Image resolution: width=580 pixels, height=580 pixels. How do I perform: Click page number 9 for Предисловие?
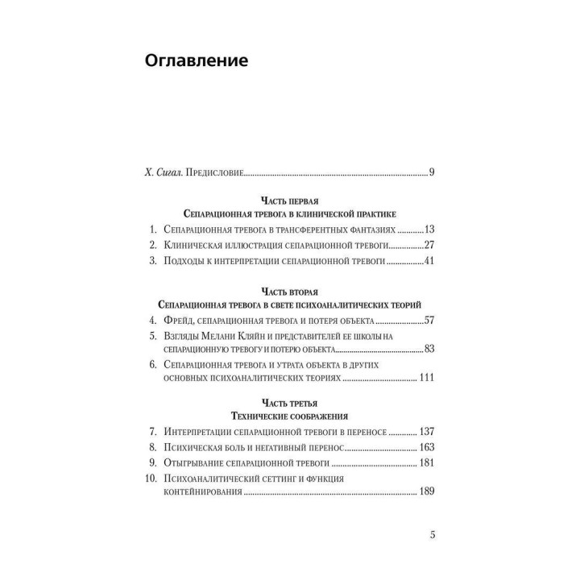tap(432, 172)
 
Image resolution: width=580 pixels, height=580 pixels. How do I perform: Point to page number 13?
tap(429, 228)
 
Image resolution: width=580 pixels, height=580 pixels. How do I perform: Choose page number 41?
tap(429, 261)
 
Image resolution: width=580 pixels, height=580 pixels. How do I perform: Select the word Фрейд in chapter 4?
tap(180, 320)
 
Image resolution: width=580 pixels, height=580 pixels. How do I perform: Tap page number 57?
tap(429, 320)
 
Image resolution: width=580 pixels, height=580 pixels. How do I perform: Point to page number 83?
tap(429, 350)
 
